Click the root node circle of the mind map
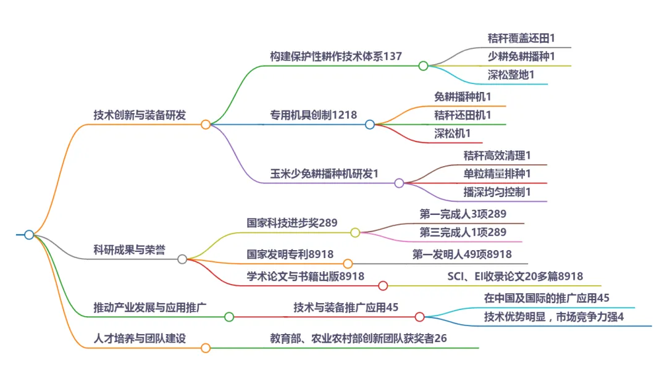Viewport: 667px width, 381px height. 29,235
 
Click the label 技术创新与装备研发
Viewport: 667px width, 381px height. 140,115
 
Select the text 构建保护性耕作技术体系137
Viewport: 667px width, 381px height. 336,56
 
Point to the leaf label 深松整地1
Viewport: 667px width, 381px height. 511,74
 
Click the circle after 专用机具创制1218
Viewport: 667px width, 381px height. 370,124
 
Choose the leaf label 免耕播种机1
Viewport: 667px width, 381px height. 463,97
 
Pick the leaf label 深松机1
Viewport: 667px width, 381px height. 453,133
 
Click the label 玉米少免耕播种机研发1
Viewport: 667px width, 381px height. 324,174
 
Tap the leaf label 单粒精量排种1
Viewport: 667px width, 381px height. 497,174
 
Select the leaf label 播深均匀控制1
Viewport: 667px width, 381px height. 497,192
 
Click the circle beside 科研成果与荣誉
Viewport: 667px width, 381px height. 182,259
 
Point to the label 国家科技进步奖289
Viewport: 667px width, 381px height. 292,223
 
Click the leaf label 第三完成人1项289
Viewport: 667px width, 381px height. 463,232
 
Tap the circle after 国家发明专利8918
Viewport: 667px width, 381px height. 348,264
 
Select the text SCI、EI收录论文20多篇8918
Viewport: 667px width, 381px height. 515,276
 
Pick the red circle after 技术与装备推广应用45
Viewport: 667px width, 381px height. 420,317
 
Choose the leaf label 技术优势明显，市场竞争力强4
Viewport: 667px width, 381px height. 554,317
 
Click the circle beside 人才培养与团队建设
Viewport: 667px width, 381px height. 206,348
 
